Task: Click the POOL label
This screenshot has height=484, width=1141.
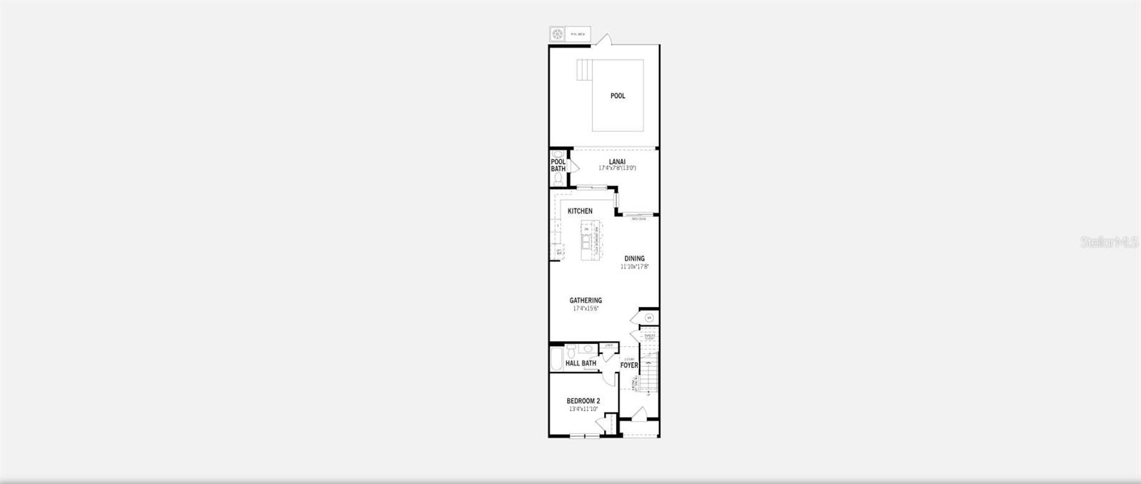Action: tap(618, 96)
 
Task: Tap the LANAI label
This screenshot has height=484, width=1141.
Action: tap(617, 161)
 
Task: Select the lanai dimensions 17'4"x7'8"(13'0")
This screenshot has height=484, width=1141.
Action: tap(617, 168)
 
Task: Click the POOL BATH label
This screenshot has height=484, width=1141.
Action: tap(558, 166)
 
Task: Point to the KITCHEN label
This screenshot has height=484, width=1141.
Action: tap(580, 211)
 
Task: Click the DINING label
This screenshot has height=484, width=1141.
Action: tap(634, 258)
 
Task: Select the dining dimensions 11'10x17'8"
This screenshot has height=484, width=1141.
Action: tap(634, 266)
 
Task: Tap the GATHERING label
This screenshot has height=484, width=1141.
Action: tap(585, 301)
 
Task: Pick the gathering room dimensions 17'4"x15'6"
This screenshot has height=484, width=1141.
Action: tap(585, 308)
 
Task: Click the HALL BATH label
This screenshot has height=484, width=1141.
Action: tap(580, 363)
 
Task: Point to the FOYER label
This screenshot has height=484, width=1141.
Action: tap(629, 365)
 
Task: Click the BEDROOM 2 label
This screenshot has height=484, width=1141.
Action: tap(583, 401)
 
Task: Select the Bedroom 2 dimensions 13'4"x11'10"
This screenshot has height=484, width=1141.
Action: tap(583, 410)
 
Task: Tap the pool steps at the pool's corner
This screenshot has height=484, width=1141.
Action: tap(585, 71)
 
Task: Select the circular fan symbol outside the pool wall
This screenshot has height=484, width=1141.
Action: tap(557, 34)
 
